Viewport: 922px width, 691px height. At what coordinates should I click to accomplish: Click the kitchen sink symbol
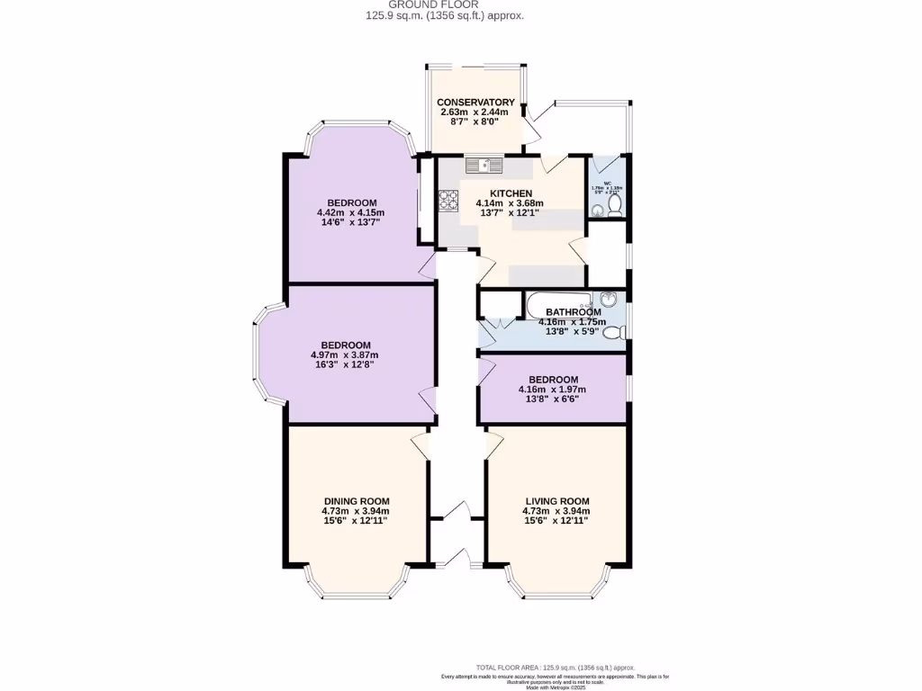point(484,165)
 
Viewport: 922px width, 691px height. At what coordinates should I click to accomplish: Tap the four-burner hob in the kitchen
point(448,199)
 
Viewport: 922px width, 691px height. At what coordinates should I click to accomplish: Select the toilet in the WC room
point(615,206)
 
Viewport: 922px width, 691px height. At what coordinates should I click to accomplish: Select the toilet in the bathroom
point(613,333)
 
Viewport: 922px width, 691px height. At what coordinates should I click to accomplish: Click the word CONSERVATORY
point(475,103)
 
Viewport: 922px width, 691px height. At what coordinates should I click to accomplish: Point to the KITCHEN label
point(511,193)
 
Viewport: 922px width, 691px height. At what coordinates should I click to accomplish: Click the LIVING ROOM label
point(556,501)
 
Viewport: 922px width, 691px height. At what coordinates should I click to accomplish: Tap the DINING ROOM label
point(357,501)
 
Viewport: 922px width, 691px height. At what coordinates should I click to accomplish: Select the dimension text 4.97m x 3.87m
point(346,355)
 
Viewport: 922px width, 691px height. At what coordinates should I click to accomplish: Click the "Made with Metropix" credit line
point(555,687)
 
